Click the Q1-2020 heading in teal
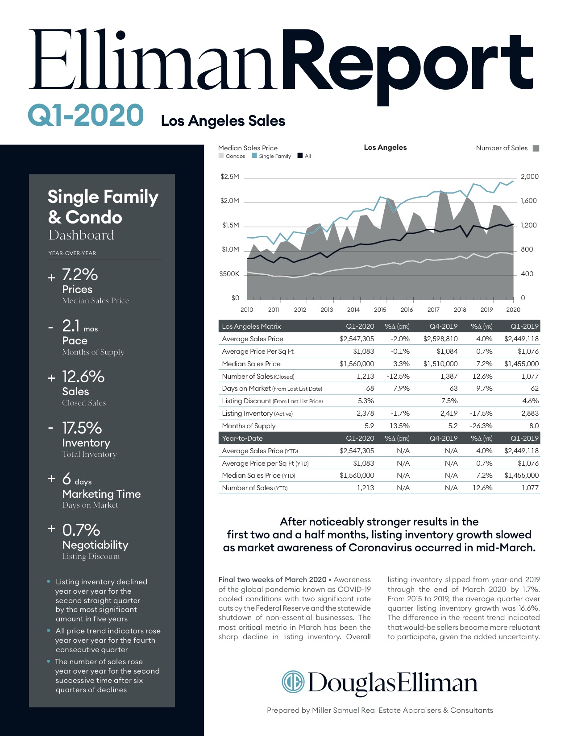pyautogui.click(x=86, y=115)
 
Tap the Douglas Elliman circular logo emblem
pyautogui.click(x=293, y=682)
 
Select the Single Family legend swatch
pyautogui.click(x=254, y=156)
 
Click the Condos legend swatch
pyautogui.click(x=221, y=156)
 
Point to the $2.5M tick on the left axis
pyautogui.click(x=230, y=177)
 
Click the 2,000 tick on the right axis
pyautogui.click(x=529, y=177)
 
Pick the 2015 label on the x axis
pyautogui.click(x=380, y=310)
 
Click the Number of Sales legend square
pyautogui.click(x=536, y=148)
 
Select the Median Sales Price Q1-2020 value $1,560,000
pyautogui.click(x=357, y=364)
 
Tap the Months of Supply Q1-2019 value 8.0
pyautogui.click(x=534, y=426)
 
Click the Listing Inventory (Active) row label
pyautogui.click(x=257, y=413)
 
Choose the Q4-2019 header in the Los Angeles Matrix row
pyautogui.click(x=443, y=326)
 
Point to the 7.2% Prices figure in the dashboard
pyautogui.click(x=80, y=274)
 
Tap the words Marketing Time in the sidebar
pyautogui.click(x=101, y=494)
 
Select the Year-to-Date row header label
pyautogui.click(x=242, y=438)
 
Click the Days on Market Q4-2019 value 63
pyautogui.click(x=453, y=389)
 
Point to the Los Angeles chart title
pyautogui.click(x=385, y=147)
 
